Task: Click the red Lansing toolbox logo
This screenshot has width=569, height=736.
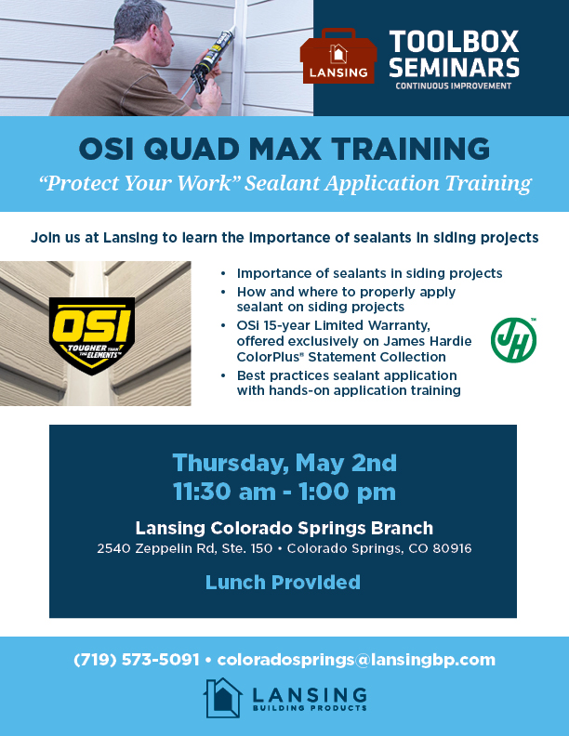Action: click(x=337, y=59)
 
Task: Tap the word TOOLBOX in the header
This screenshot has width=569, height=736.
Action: click(x=454, y=42)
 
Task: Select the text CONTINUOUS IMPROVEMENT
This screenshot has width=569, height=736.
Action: click(x=453, y=86)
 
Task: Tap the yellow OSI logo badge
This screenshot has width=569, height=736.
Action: click(x=92, y=335)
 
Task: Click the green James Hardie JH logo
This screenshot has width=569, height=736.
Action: click(x=513, y=340)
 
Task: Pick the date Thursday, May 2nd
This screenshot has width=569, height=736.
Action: click(x=284, y=462)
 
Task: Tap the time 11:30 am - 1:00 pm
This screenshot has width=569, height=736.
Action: click(x=284, y=491)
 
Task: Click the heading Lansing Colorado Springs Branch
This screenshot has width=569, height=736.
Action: click(x=284, y=527)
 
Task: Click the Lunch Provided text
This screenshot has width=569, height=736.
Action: click(x=283, y=583)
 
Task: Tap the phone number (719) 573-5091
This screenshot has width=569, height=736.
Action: click(x=137, y=660)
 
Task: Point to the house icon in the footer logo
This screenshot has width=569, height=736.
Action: click(x=223, y=697)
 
